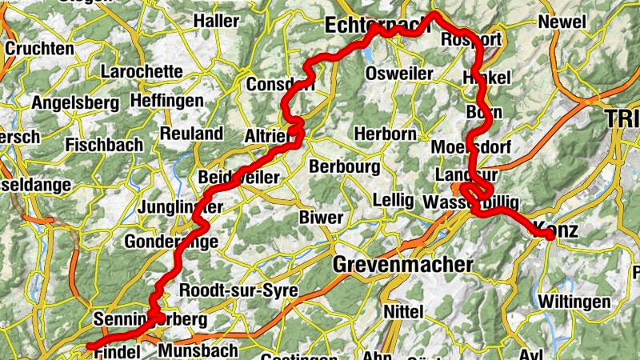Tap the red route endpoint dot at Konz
550,234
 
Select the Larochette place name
142,71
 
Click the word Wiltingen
574,302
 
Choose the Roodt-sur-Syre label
239,290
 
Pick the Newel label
562,22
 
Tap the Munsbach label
198,350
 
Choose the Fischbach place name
104,145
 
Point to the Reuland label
191,133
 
